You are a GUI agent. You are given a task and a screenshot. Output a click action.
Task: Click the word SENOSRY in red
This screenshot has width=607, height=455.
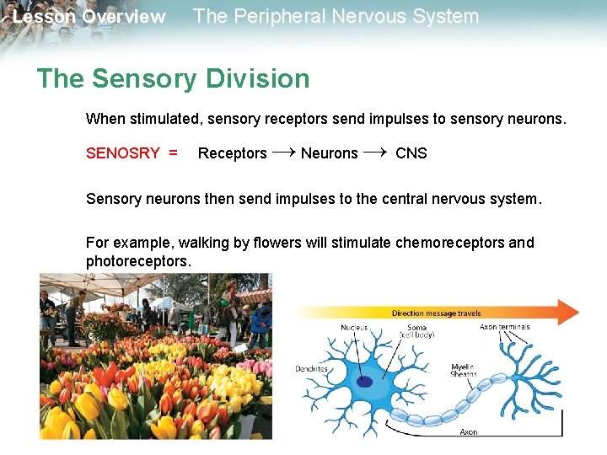pyautogui.click(x=123, y=153)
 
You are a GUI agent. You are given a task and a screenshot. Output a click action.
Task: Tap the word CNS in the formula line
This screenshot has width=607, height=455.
pyautogui.click(x=411, y=153)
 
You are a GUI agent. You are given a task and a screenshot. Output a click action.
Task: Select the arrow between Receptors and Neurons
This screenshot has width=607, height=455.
pyautogui.click(x=284, y=152)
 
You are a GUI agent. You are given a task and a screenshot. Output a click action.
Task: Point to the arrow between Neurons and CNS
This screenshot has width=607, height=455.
pyautogui.click(x=377, y=152)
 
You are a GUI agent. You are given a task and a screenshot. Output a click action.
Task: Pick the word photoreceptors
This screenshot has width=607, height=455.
pyautogui.click(x=139, y=261)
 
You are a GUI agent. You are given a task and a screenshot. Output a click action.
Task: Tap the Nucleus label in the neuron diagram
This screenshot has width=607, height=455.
pyautogui.click(x=354, y=328)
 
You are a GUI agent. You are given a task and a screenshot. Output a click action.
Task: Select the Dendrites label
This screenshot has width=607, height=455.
pyautogui.click(x=311, y=368)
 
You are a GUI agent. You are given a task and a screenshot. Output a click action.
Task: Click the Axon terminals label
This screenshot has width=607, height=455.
pyautogui.click(x=504, y=327)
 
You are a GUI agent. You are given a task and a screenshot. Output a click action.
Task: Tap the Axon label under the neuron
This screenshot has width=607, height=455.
pyautogui.click(x=468, y=431)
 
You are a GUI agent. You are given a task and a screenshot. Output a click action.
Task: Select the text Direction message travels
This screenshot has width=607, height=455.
pyautogui.click(x=436, y=313)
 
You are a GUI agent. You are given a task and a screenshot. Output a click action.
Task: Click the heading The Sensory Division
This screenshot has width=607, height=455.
pyautogui.click(x=173, y=79)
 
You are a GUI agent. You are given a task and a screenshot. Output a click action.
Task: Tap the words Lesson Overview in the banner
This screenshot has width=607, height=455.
pyautogui.click(x=89, y=17)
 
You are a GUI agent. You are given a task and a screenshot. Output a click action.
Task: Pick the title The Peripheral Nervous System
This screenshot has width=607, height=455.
pyautogui.click(x=336, y=16)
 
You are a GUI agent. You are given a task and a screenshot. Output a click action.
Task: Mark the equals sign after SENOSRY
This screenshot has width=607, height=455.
pyautogui.click(x=173, y=153)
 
